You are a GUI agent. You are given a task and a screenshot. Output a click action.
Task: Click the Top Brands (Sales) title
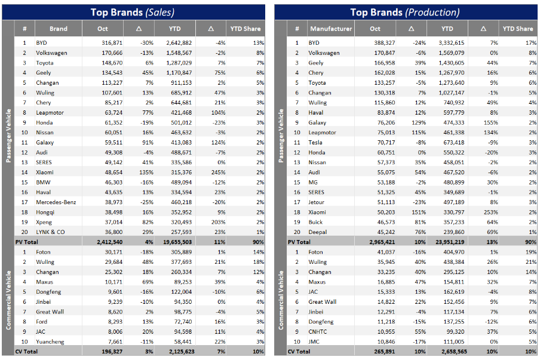click(132, 11)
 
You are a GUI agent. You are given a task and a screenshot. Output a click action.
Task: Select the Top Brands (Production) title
click(404, 11)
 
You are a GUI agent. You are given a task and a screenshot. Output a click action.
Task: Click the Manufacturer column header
click(331, 29)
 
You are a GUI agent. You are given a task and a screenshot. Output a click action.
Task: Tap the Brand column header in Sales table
click(59, 29)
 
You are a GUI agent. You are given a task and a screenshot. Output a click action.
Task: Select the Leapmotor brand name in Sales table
click(50, 112)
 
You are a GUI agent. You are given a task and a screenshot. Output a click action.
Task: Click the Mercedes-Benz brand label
click(56, 202)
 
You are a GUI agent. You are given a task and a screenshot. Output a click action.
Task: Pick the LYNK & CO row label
click(50, 232)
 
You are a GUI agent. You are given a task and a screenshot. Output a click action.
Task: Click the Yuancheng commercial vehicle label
click(50, 342)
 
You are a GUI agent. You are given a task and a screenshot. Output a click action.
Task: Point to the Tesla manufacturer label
click(316, 142)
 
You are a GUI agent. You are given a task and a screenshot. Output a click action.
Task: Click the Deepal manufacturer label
click(318, 232)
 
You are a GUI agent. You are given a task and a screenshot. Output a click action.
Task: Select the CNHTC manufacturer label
click(318, 332)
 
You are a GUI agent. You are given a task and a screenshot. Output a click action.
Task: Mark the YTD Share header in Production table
click(517, 29)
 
